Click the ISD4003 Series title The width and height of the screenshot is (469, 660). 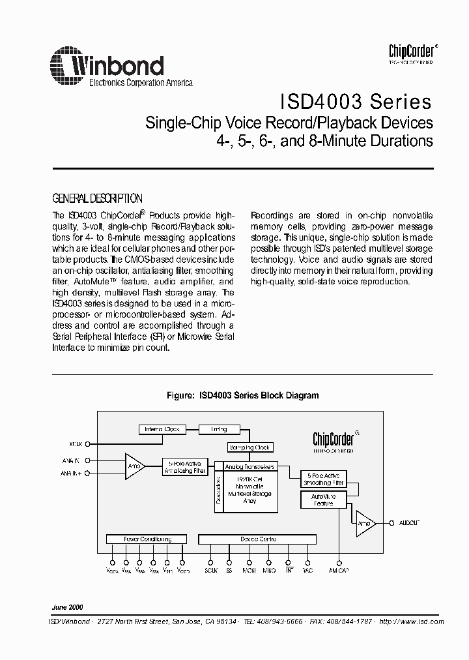(x=356, y=102)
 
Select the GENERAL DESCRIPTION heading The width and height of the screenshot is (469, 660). (x=96, y=199)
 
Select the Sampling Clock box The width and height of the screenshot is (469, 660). (x=249, y=447)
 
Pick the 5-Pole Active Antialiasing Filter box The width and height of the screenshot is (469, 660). (x=184, y=467)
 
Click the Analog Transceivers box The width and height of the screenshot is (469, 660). (x=250, y=467)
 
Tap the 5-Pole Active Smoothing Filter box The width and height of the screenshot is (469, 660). (x=322, y=479)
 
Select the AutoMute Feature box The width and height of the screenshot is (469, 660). (x=322, y=500)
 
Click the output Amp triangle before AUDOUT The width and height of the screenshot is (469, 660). (x=365, y=523)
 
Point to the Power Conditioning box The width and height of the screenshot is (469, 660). (x=147, y=539)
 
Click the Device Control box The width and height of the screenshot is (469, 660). (x=258, y=539)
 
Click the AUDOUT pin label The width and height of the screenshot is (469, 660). (x=409, y=523)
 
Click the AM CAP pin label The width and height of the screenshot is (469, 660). (x=339, y=571)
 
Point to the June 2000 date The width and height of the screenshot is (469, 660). (x=68, y=607)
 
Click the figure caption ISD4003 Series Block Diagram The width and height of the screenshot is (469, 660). (x=234, y=395)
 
